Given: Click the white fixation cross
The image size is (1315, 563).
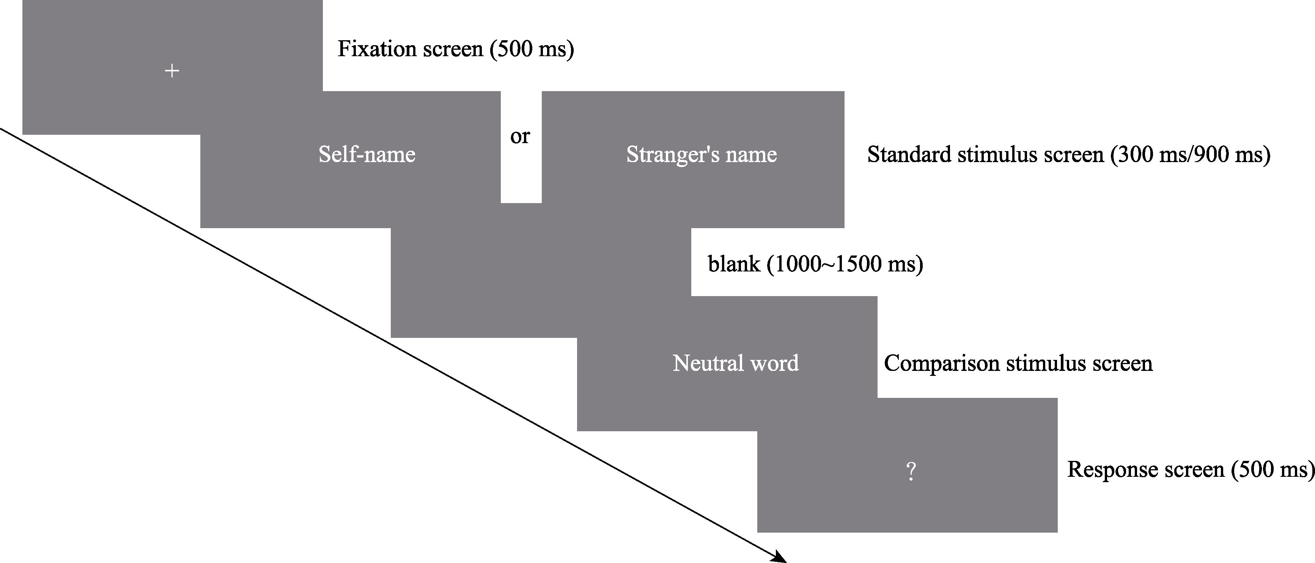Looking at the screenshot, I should click(172, 71).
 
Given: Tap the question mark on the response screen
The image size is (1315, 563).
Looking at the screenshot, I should click(911, 471).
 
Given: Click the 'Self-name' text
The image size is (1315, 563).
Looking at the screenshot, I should click(367, 154).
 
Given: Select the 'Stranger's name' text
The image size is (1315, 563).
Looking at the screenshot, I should click(702, 154).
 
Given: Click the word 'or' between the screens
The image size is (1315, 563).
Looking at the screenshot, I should click(520, 136).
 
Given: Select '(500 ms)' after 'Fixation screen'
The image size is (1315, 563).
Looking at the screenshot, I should click(532, 49).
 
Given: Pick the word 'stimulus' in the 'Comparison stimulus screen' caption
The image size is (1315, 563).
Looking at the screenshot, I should click(1046, 363).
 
